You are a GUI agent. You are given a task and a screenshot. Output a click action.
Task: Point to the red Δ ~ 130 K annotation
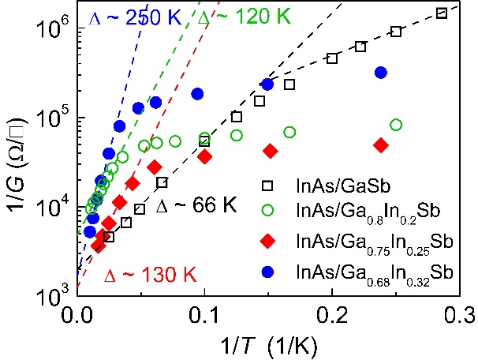[149, 276]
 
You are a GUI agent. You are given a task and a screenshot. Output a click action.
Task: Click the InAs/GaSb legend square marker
[268, 186]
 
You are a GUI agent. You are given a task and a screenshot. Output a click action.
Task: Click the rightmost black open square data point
[442, 13]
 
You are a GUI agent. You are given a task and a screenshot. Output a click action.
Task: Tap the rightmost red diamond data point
[382, 145]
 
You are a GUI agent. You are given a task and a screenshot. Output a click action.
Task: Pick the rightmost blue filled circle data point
[381, 73]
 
